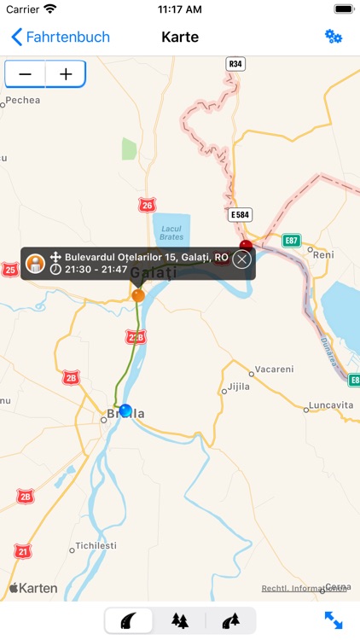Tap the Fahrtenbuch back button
60,37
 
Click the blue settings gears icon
333,37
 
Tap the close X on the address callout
242,259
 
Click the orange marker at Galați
138,295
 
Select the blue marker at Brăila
126,411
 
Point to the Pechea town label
23,101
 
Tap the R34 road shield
235,63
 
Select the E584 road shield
240,213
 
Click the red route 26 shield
148,206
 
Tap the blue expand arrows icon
333,620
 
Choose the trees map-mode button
180,620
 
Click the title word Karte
180,37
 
